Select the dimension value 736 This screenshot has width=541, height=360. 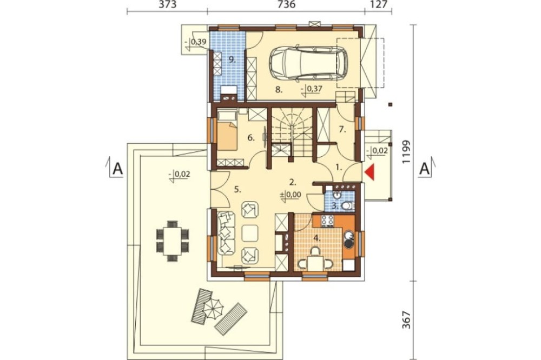(x=286, y=4)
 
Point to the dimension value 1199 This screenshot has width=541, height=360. (x=407, y=152)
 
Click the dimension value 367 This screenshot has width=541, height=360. (x=407, y=319)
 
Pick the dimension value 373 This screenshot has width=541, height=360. (x=167, y=4)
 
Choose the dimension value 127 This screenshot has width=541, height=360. (x=378, y=4)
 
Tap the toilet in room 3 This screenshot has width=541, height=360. (x=348, y=206)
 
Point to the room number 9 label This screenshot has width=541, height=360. (x=232, y=59)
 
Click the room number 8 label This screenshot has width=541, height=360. (x=279, y=90)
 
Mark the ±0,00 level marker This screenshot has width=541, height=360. (x=291, y=195)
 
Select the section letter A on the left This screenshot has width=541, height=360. (x=118, y=169)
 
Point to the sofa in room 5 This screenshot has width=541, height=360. (x=226, y=234)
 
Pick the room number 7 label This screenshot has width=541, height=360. (x=342, y=130)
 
